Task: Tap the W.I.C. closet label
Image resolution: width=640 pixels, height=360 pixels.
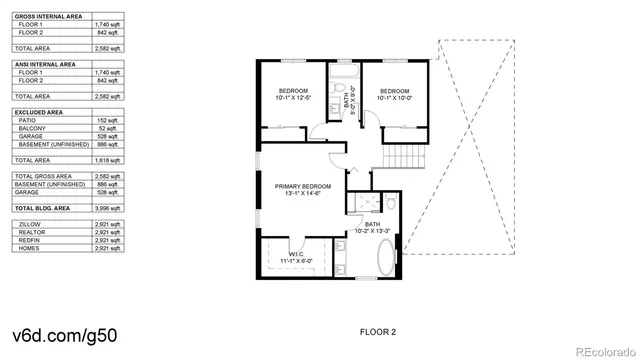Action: click(x=297, y=257)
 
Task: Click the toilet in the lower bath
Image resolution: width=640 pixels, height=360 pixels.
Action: click(x=393, y=203)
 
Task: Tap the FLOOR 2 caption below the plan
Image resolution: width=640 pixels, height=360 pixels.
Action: click(x=377, y=329)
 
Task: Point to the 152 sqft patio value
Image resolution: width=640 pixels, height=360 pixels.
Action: click(x=109, y=120)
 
